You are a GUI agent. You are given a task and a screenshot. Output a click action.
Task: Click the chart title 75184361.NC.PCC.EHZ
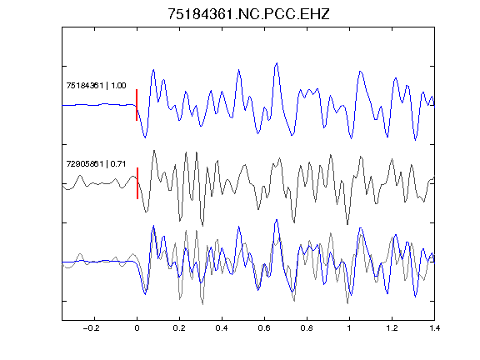[248, 14]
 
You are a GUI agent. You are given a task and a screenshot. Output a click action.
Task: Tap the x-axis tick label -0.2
[91, 328]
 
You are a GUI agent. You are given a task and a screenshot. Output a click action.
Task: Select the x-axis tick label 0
[137, 328]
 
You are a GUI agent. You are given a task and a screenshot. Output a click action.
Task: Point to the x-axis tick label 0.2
[179, 328]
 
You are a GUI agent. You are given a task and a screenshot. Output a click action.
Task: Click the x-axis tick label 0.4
[222, 328]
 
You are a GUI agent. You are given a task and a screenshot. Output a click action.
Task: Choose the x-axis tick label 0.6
[264, 328]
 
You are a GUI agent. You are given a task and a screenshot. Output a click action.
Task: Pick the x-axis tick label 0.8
[307, 328]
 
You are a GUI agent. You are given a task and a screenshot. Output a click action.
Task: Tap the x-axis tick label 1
[349, 328]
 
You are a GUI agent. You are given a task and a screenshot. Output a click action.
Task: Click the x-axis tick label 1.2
[392, 328]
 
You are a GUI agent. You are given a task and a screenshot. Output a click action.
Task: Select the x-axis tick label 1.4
[434, 328]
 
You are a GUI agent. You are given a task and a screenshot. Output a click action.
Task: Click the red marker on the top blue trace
[137, 105]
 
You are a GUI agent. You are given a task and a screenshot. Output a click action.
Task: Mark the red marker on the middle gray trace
[137, 183]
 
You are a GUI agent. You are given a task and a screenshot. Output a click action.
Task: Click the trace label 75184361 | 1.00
[96, 85]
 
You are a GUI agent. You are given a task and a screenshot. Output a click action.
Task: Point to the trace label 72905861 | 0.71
[96, 164]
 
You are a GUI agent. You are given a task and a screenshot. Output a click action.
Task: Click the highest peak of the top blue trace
[277, 63]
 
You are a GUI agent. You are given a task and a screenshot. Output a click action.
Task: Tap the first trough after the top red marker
[145, 137]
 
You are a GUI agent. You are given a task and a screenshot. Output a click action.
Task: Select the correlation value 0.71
[118, 164]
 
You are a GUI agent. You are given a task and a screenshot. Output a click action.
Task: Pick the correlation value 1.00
[118, 85]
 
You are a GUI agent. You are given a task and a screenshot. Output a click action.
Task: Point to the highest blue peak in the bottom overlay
[277, 220]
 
